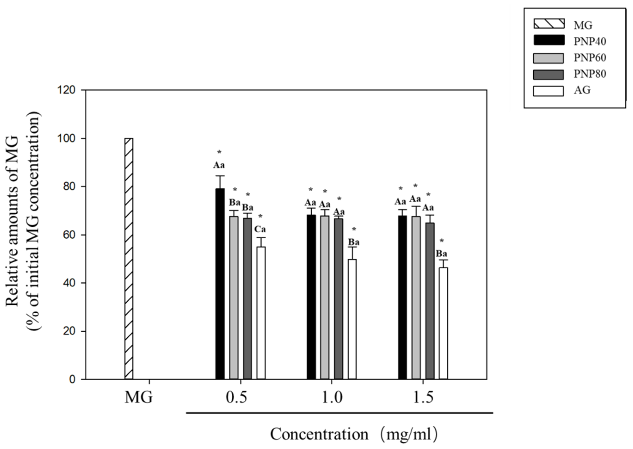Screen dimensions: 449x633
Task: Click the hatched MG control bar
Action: pyautogui.click(x=129, y=258)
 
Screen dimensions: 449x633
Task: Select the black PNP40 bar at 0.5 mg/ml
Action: pyautogui.click(x=220, y=283)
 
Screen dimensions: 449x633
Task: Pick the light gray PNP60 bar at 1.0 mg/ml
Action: pyautogui.click(x=325, y=297)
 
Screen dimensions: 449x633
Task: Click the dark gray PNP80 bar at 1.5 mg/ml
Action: pyautogui.click(x=430, y=301)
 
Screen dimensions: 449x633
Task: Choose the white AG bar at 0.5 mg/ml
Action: pyautogui.click(x=261, y=312)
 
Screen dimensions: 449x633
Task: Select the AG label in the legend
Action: pyautogui.click(x=582, y=90)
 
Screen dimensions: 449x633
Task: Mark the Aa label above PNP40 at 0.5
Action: pyautogui.click(x=219, y=165)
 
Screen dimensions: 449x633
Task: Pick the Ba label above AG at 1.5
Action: pyautogui.click(x=441, y=254)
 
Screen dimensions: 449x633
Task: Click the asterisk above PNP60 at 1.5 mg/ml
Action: pyautogui.click(x=415, y=186)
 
